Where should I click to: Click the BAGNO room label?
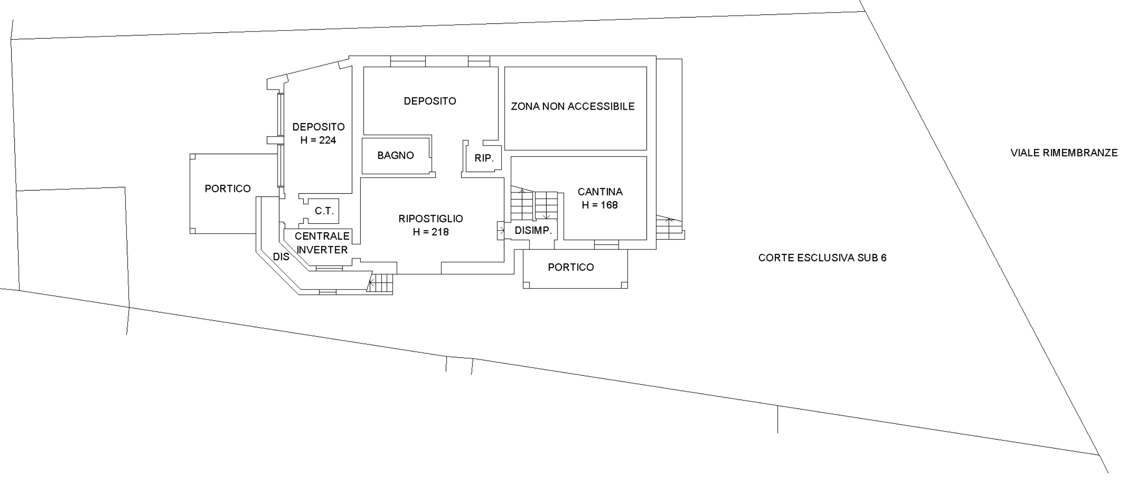click(x=395, y=156)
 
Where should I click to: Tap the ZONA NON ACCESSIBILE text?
click(x=573, y=107)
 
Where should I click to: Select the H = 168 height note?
click(x=600, y=205)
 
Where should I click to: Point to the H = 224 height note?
click(x=318, y=140)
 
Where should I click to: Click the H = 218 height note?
click(x=431, y=232)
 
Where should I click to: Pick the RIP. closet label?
click(x=484, y=159)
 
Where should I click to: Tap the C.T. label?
click(x=324, y=211)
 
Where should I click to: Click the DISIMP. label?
click(x=533, y=231)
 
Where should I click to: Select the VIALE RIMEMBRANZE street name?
click(x=1064, y=153)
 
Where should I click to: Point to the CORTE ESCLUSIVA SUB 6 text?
click(x=822, y=258)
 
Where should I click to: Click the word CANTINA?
click(x=600, y=192)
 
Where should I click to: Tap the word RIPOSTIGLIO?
click(x=431, y=219)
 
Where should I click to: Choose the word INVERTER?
click(x=322, y=250)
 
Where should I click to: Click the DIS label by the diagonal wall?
click(x=281, y=257)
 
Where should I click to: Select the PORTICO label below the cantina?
click(x=571, y=267)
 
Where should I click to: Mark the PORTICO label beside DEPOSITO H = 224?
click(x=228, y=189)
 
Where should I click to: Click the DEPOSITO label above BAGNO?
click(x=430, y=101)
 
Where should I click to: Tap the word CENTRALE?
click(x=322, y=236)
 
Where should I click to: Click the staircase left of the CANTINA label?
click(x=534, y=206)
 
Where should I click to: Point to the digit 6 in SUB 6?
click(x=884, y=258)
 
